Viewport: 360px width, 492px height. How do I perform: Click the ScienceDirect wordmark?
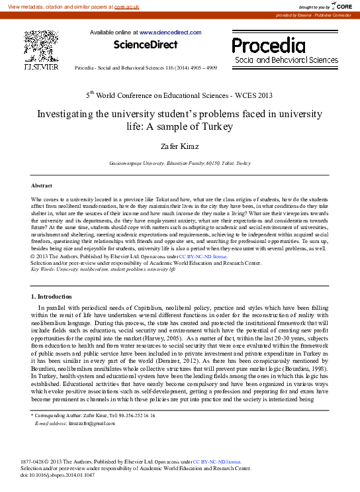[146, 44]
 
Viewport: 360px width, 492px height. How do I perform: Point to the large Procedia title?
[268, 46]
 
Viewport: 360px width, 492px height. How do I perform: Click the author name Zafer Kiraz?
[180, 145]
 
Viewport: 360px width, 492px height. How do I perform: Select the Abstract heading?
[42, 185]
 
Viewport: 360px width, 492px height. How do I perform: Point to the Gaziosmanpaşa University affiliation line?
[180, 163]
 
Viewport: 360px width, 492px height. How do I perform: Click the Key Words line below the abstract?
[103, 270]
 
